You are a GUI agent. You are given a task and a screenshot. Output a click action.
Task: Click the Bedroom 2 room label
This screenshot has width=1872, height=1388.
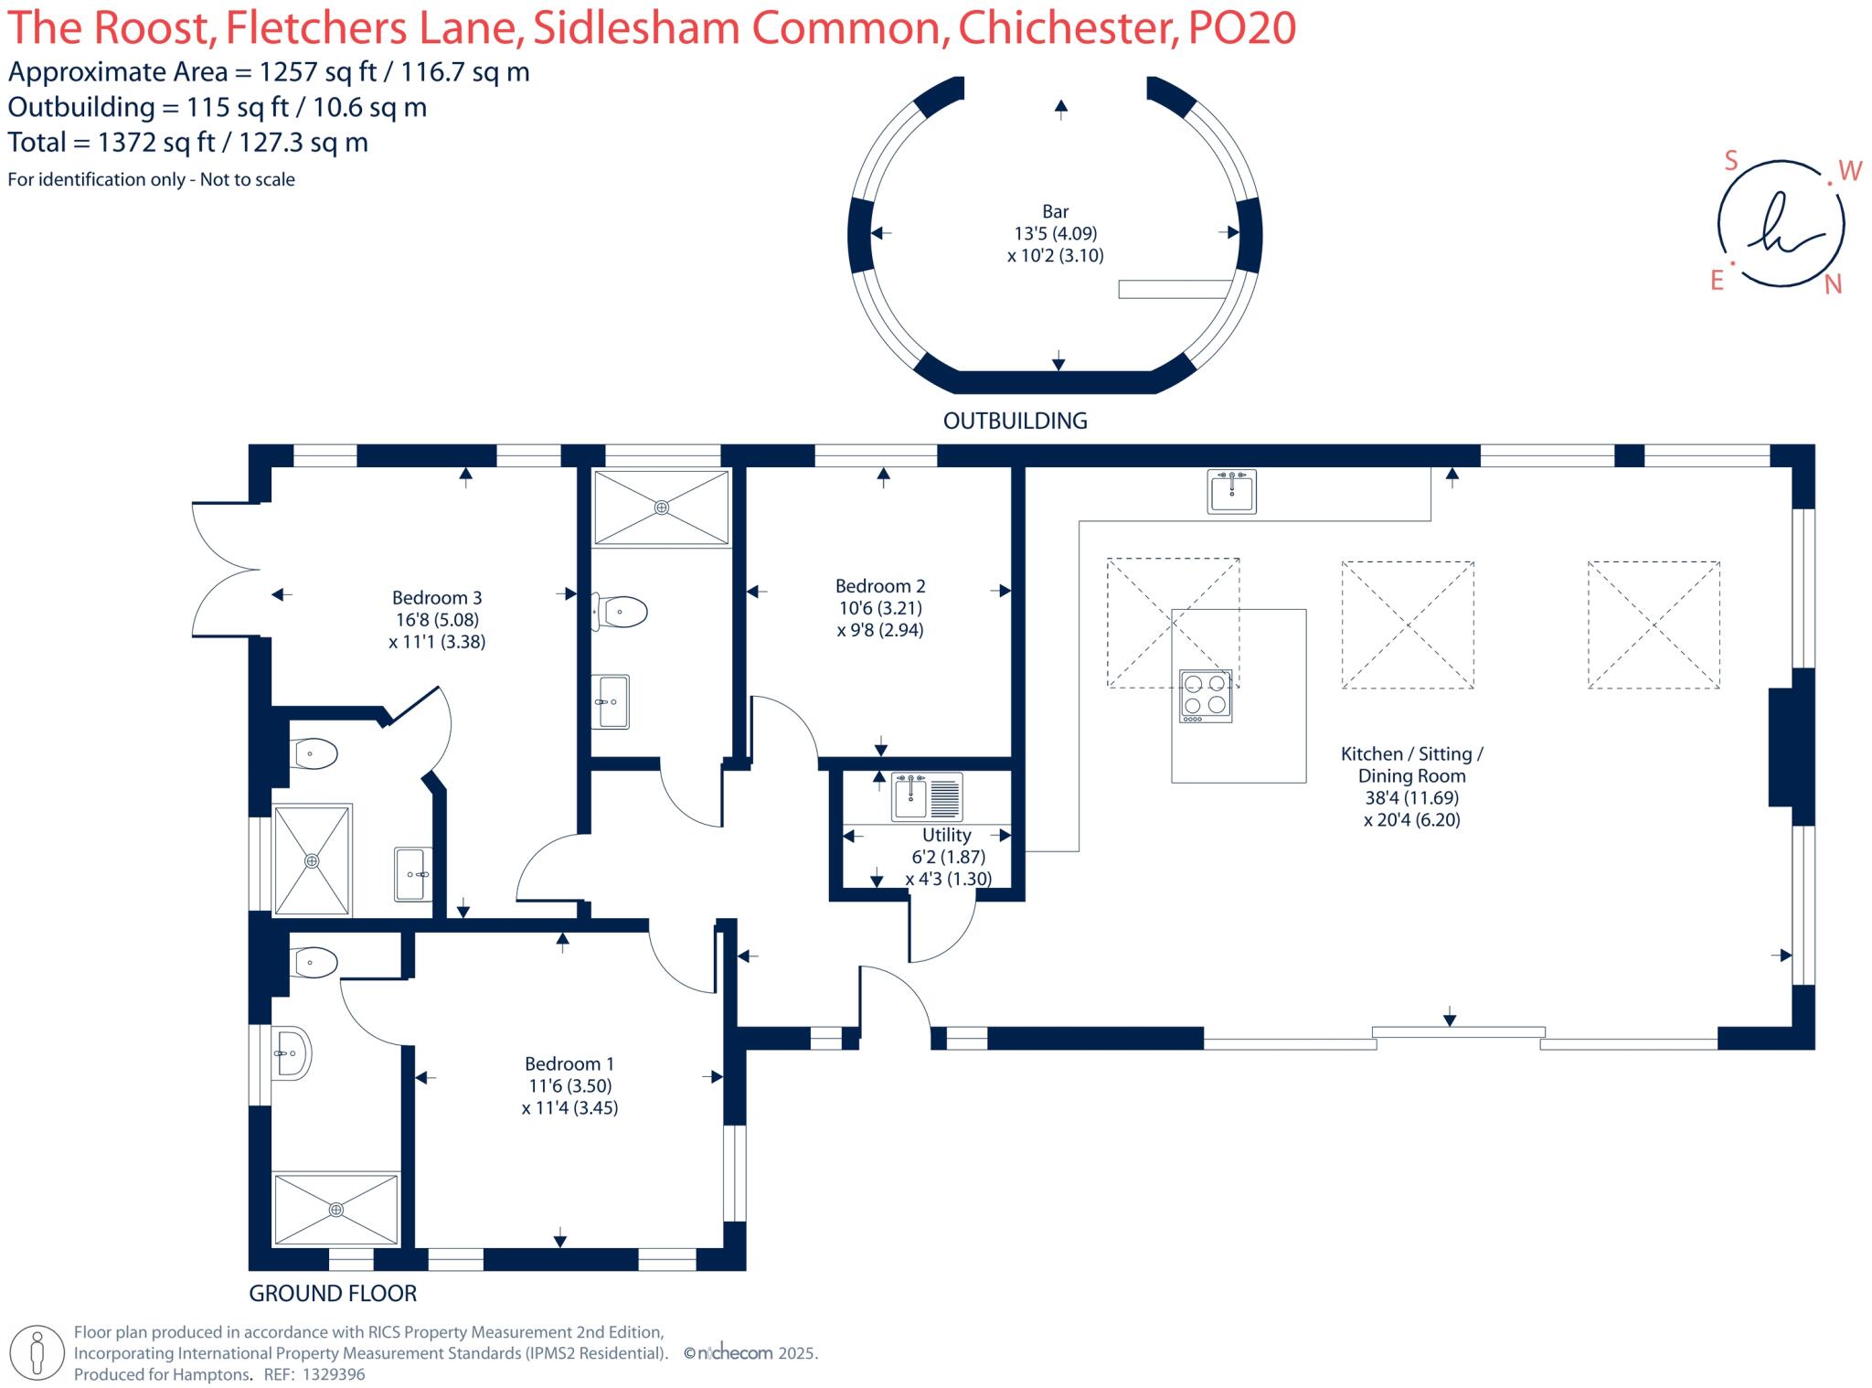coord(880,586)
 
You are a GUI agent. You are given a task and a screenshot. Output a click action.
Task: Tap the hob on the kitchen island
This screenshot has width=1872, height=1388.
coord(1206,696)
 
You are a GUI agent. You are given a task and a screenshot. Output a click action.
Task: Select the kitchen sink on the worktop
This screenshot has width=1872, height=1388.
coord(1231,492)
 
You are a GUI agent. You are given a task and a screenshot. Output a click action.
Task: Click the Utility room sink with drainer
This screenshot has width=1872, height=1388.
coord(927,795)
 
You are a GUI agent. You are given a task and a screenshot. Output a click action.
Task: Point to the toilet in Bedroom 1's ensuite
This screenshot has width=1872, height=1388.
coord(314,963)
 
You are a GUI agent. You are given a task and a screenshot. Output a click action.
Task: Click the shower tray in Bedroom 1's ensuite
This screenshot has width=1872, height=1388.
coord(336,1209)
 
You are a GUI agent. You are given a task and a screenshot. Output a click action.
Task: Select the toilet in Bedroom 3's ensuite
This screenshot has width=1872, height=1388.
coord(314,754)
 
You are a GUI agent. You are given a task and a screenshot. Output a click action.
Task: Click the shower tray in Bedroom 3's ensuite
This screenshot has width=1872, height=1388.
coord(313,859)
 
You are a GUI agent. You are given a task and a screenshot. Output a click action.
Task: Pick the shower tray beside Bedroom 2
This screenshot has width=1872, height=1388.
coord(661,507)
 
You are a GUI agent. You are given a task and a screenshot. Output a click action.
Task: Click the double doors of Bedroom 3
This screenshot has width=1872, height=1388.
coord(227,569)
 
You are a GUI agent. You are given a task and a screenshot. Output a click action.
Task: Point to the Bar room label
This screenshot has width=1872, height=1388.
coord(1055,211)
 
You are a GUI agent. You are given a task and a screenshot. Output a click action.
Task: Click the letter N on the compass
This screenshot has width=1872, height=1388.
coord(1832,285)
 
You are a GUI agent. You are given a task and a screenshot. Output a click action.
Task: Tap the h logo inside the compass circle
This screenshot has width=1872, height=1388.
coord(1779,224)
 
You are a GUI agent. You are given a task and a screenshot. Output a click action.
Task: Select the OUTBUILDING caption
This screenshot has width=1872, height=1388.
coord(1015,421)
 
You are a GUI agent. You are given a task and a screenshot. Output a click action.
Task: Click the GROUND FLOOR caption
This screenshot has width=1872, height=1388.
coord(333,1294)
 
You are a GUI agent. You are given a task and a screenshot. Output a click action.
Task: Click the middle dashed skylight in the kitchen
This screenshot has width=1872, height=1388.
coord(1407,625)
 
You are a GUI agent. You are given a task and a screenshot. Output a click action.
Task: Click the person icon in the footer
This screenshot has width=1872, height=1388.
coord(37,1352)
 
